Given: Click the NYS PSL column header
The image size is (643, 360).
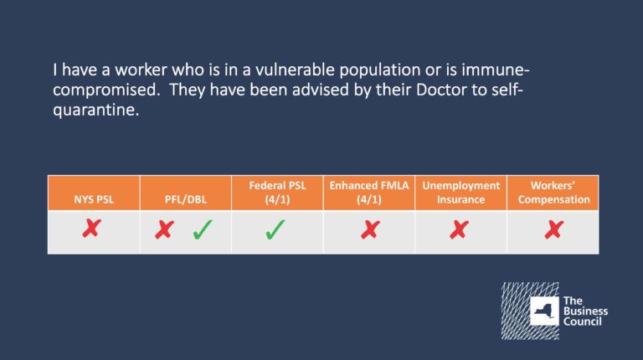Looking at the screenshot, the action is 94,200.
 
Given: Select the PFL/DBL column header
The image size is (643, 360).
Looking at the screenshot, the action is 185,200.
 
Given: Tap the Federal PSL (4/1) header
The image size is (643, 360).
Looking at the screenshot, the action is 277,193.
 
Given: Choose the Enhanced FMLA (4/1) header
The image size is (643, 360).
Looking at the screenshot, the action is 369,193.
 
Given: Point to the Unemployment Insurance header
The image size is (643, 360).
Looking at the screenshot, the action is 461,193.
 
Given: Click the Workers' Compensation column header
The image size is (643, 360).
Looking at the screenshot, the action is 553,193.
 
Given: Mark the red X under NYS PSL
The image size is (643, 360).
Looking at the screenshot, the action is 91,229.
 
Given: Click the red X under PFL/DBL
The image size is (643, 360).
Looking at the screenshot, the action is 164,229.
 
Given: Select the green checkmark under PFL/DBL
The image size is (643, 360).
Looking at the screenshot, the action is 203,229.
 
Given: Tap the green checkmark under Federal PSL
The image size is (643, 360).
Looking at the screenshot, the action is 275,229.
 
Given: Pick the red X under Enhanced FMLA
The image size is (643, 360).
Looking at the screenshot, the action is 370,229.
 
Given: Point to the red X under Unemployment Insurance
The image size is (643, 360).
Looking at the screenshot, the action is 459,229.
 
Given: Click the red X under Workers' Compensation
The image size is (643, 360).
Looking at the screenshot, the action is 554,229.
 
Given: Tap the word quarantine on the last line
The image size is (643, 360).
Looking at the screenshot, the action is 96,110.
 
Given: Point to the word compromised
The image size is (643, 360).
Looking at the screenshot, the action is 106,90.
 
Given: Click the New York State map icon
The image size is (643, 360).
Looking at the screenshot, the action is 544,311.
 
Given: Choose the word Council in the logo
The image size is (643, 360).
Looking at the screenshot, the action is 583,321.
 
